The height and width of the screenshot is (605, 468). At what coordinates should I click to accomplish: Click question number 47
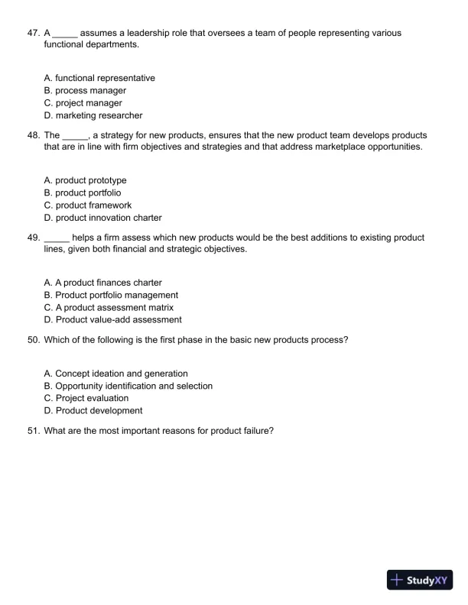tap(33, 34)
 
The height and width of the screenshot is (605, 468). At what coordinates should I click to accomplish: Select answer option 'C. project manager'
tap(83, 103)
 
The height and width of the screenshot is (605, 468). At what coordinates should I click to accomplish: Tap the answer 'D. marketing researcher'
tap(93, 115)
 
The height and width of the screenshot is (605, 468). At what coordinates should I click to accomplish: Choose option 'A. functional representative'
tap(99, 78)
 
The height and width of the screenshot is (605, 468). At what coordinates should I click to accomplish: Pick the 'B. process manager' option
tap(85, 90)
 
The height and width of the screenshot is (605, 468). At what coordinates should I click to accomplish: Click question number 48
tap(33, 134)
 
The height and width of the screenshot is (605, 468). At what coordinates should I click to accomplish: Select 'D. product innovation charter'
tap(102, 218)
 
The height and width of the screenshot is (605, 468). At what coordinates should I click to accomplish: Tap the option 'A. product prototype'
tap(86, 180)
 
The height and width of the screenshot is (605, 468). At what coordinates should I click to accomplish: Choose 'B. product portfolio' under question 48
tap(83, 192)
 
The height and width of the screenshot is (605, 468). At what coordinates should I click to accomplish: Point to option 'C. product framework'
tap(88, 205)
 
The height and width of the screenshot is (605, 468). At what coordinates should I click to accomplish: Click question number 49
tap(33, 238)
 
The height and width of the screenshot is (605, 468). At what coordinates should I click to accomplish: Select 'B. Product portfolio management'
tap(111, 295)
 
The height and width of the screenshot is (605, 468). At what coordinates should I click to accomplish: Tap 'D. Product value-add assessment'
tap(113, 320)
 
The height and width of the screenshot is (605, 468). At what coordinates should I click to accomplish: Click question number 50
tap(33, 340)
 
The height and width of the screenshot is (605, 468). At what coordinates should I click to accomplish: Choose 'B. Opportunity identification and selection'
tap(128, 386)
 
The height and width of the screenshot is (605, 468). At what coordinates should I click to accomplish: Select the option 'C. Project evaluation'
tap(86, 398)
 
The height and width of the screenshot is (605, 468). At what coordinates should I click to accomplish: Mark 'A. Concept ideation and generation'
tap(116, 374)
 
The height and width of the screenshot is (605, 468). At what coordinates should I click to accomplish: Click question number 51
tap(33, 430)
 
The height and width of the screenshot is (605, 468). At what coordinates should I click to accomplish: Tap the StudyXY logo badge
tap(421, 580)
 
